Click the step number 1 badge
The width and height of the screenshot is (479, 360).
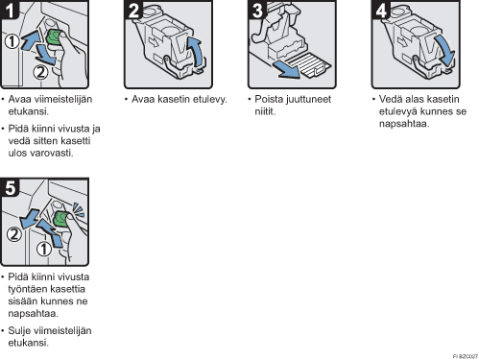10,10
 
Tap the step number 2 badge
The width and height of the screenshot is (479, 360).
133,10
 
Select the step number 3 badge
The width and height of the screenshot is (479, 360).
257,10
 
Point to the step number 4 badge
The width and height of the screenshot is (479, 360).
380,10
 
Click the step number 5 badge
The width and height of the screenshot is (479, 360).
10,187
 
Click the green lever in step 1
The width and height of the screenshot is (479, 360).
54,36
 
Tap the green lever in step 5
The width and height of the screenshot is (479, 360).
60,219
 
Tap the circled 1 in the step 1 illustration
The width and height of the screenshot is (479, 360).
12,41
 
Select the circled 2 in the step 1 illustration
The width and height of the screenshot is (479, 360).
40,72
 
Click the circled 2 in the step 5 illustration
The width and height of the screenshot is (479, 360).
14,234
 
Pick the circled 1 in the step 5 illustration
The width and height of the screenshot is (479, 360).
44,249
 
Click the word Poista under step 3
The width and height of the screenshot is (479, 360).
269,99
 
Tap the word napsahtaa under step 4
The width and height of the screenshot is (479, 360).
403,124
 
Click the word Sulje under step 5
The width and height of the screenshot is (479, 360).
19,330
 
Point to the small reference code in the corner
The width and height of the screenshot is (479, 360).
466,356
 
